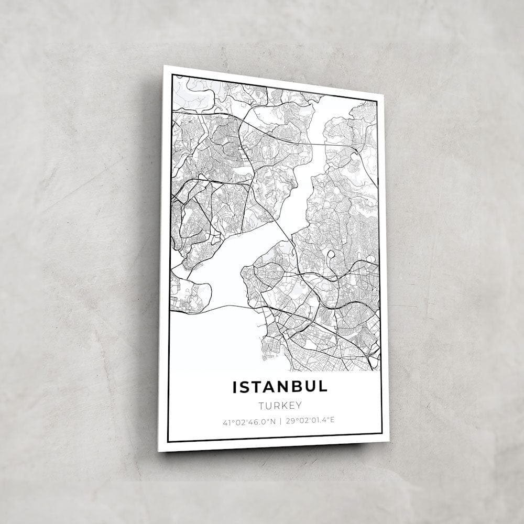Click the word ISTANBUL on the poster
[x=280, y=387]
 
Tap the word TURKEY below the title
[x=280, y=406]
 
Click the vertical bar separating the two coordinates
[x=281, y=421]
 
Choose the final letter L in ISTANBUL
[x=322, y=387]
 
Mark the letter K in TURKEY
[x=283, y=406]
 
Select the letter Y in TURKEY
[x=299, y=405]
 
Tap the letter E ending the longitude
[x=332, y=420]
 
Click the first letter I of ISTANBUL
[x=235, y=388]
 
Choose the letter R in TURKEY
[x=276, y=406]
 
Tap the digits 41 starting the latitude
[x=226, y=422]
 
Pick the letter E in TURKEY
[x=291, y=405]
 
